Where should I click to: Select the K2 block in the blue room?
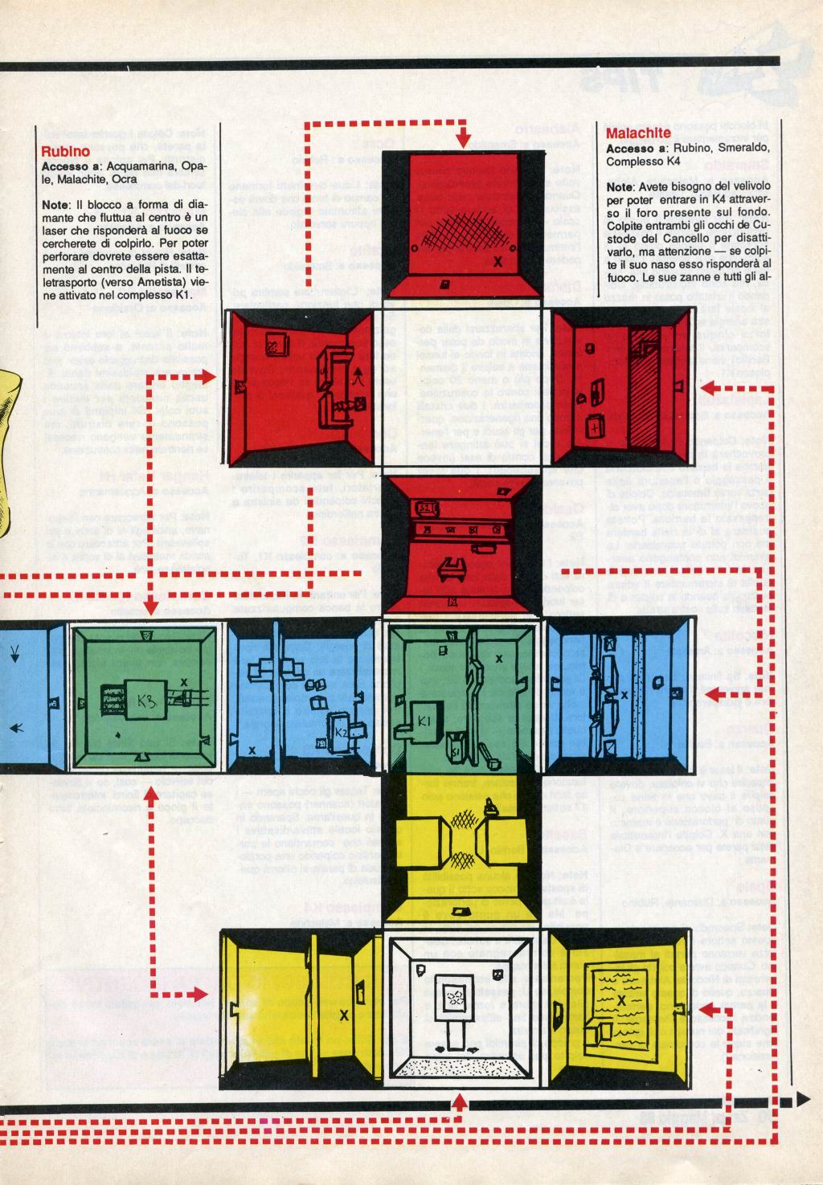tap(340, 731)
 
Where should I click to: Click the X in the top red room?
tap(497, 261)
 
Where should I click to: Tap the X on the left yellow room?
tap(344, 1015)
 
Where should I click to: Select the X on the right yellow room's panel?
tap(621, 1000)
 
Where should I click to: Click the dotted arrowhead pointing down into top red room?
tap(463, 141)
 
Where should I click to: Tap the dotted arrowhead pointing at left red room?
tap(211, 376)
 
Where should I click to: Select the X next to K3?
tap(184, 682)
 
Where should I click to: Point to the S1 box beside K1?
tap(456, 750)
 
